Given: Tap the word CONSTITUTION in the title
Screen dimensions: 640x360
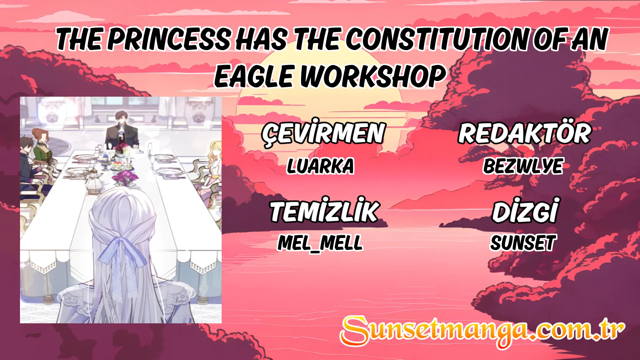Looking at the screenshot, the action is point(437,39).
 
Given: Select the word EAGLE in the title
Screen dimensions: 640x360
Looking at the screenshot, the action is point(254,76).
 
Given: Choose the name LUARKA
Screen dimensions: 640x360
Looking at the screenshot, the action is point(320,166).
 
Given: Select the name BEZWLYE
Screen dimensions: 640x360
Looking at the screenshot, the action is point(523,166).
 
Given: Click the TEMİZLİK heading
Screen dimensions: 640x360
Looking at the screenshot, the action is point(324,211).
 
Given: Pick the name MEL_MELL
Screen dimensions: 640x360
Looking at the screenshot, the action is point(320,243).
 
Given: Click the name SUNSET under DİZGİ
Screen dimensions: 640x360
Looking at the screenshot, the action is point(523,243).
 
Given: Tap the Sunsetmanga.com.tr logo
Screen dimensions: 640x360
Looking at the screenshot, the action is point(482,331).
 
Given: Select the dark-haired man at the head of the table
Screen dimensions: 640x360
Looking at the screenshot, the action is point(122,131).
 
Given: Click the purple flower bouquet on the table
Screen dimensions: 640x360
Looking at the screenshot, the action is point(125,178).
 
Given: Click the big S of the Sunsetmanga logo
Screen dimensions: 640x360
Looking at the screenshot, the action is point(355,331).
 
